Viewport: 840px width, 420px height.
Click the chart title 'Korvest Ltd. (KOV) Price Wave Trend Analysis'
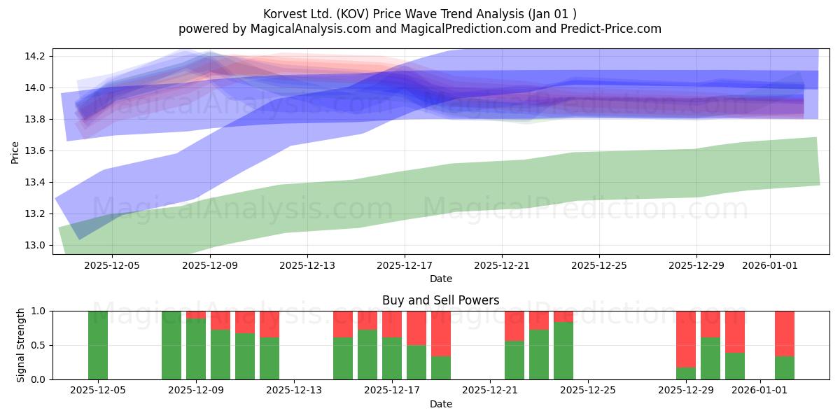(x=393, y=14)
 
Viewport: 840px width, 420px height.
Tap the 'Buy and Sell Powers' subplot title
(x=440, y=300)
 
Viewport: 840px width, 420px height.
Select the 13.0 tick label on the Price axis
(x=35, y=245)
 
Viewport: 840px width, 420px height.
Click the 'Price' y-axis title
(x=15, y=153)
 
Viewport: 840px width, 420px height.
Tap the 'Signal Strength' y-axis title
(x=20, y=345)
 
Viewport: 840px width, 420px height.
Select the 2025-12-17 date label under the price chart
(x=405, y=265)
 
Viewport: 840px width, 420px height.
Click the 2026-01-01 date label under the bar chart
(x=759, y=390)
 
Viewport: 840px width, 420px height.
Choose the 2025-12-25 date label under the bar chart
(x=588, y=390)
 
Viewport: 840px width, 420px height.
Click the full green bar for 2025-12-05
(x=98, y=345)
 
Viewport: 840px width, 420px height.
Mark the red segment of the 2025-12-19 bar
(x=441, y=333)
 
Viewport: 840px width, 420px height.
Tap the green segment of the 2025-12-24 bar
(x=563, y=351)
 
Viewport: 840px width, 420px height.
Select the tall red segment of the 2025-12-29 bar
(x=686, y=339)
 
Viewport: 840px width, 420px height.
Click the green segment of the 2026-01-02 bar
(x=785, y=368)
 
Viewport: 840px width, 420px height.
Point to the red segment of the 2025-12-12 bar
(x=269, y=324)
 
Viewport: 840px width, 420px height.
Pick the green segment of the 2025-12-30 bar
(x=710, y=358)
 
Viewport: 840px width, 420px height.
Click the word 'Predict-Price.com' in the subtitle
(x=611, y=29)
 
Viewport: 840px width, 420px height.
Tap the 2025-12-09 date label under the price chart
(x=210, y=265)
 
